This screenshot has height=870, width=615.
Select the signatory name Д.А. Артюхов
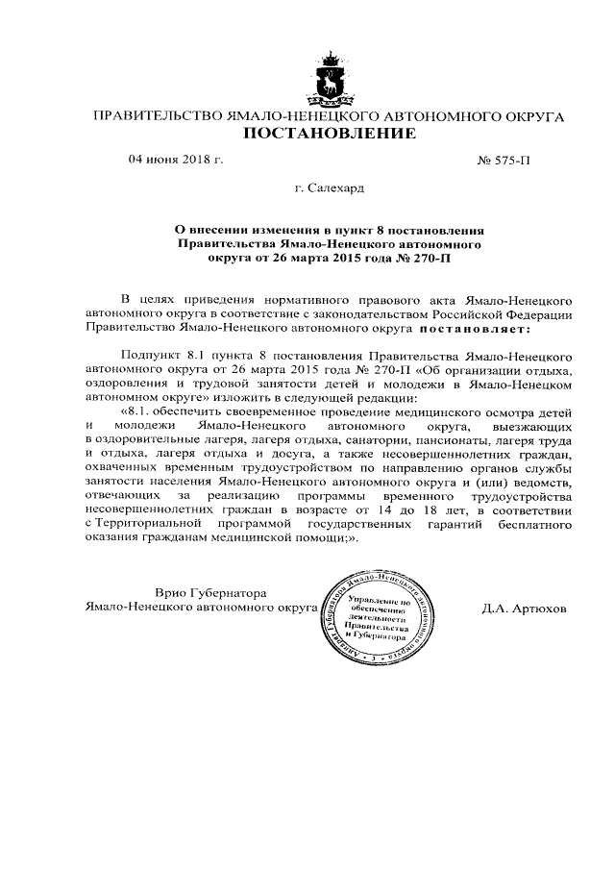pos(524,609)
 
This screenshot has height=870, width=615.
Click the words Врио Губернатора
pos(209,591)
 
